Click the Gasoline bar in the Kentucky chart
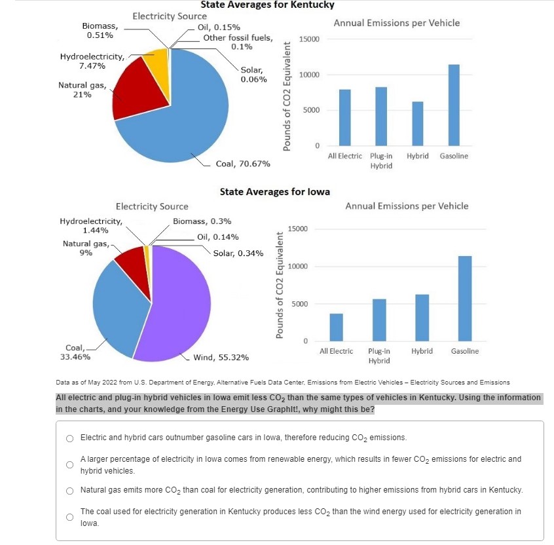pos(454,105)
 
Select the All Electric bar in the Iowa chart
pos(336,328)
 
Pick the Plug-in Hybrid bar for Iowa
pos(379,320)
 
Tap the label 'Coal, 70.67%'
pos(243,163)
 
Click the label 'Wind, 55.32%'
pos(221,358)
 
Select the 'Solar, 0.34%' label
pos(238,253)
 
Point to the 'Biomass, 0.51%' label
pos(100,30)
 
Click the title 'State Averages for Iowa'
pos(275,192)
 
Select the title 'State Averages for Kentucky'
pos(267,5)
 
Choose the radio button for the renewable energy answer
pos(69,464)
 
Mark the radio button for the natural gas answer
pos(69,491)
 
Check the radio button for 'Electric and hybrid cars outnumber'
pos(69,438)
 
